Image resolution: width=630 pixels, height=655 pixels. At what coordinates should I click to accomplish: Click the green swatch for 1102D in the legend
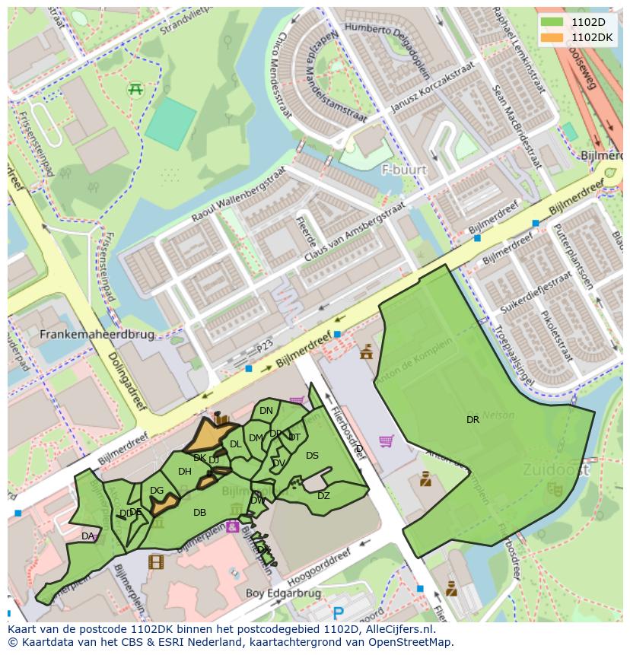pyautogui.click(x=552, y=22)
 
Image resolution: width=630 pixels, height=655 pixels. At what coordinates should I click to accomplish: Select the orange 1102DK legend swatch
pyautogui.click(x=552, y=37)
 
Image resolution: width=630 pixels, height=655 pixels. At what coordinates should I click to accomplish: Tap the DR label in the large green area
pyautogui.click(x=473, y=419)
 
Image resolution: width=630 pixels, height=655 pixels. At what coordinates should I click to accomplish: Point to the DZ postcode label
pyautogui.click(x=323, y=496)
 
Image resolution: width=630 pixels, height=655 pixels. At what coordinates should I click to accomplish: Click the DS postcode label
pyautogui.click(x=312, y=456)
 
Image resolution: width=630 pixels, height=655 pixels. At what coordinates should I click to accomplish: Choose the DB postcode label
pyautogui.click(x=199, y=513)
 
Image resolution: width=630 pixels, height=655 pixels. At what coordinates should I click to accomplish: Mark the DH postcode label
pyautogui.click(x=184, y=472)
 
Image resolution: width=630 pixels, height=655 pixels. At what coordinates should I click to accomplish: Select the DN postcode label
pyautogui.click(x=266, y=411)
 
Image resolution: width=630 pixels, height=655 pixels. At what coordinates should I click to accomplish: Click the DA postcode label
pyautogui.click(x=87, y=536)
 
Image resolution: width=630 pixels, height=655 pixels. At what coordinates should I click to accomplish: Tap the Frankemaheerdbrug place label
pyautogui.click(x=97, y=334)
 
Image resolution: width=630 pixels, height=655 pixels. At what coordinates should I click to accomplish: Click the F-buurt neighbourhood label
pyautogui.click(x=404, y=170)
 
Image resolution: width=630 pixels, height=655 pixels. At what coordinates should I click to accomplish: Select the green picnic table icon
pyautogui.click(x=136, y=89)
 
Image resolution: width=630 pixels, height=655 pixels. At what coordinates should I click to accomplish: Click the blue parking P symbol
pyautogui.click(x=339, y=613)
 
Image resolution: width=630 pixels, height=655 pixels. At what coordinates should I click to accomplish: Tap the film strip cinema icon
pyautogui.click(x=156, y=562)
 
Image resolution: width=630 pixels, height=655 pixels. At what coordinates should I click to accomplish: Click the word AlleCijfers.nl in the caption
pyautogui.click(x=397, y=629)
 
